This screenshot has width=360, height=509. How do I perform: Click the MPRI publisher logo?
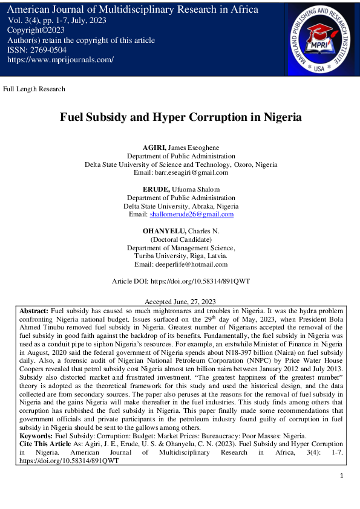point(321,38)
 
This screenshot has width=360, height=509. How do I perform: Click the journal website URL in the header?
point(61,60)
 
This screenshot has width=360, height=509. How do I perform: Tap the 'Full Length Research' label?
point(34,89)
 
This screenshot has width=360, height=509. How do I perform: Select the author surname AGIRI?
point(154,147)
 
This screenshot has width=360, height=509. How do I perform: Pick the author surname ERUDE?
point(155,189)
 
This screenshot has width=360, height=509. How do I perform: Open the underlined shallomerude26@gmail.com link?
point(191,215)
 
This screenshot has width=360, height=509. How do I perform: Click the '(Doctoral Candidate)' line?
point(180,240)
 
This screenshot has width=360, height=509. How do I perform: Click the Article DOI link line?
point(181,282)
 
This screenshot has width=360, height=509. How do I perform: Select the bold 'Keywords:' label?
point(36,435)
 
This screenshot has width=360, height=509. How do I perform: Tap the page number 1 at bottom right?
point(342,476)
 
